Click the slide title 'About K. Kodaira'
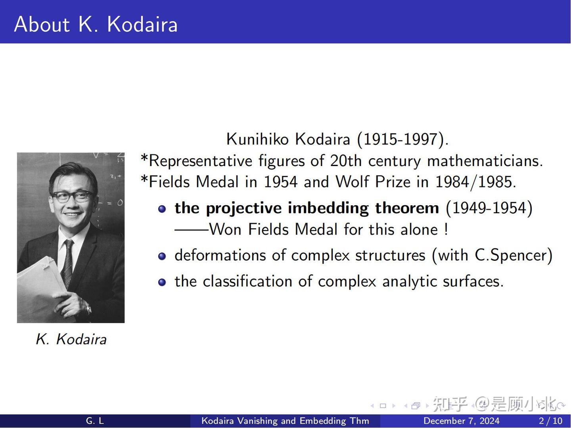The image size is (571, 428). pyautogui.click(x=96, y=24)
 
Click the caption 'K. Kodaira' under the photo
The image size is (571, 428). pyautogui.click(x=71, y=339)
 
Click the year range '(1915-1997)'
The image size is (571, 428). pyautogui.click(x=402, y=139)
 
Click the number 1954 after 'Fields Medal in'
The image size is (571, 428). pyautogui.click(x=281, y=182)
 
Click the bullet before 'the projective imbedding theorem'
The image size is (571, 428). pyautogui.click(x=162, y=209)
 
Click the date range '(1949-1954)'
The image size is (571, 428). pyautogui.click(x=489, y=208)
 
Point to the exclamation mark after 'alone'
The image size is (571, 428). pyautogui.click(x=446, y=229)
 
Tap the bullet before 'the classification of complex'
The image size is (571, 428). pyautogui.click(x=162, y=282)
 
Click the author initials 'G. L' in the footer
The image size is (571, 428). pyautogui.click(x=95, y=421)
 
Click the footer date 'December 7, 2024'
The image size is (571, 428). pyautogui.click(x=461, y=421)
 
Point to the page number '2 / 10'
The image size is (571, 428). pyautogui.click(x=550, y=421)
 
